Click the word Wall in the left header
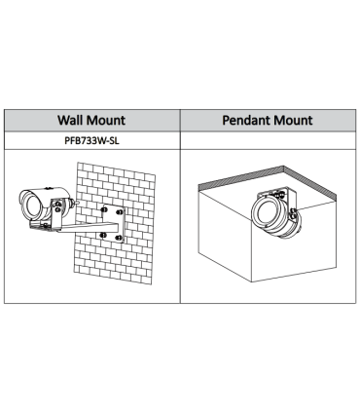point(70,120)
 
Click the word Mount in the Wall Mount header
point(105,120)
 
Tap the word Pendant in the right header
point(246,120)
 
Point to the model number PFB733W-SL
point(91,140)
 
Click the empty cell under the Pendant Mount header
point(268,140)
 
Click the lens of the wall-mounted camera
point(32,207)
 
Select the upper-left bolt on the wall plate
point(104,210)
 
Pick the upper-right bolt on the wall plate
point(120,212)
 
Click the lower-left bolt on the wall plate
point(103,235)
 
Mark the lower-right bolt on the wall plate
point(119,238)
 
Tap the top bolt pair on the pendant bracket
point(278,196)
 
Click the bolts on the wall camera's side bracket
point(57,206)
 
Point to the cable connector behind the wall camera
point(75,203)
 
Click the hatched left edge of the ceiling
point(241,176)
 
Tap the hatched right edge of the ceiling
point(310,183)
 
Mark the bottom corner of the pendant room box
point(252,281)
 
